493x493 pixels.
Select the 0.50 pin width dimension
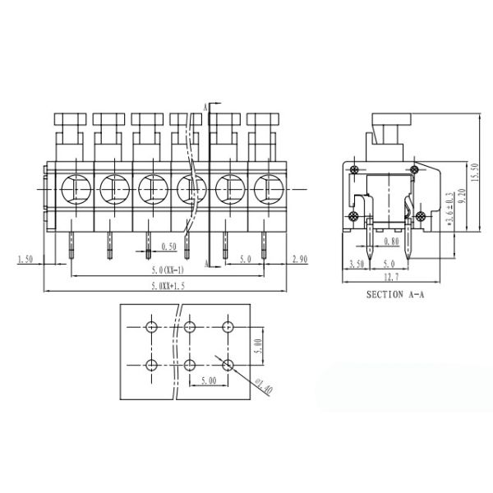(168, 246)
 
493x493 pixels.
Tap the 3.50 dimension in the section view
(357, 264)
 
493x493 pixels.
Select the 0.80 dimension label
(391, 242)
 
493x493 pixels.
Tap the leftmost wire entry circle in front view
(72, 189)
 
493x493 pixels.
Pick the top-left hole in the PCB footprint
(151, 327)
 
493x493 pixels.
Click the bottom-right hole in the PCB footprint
(228, 364)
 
